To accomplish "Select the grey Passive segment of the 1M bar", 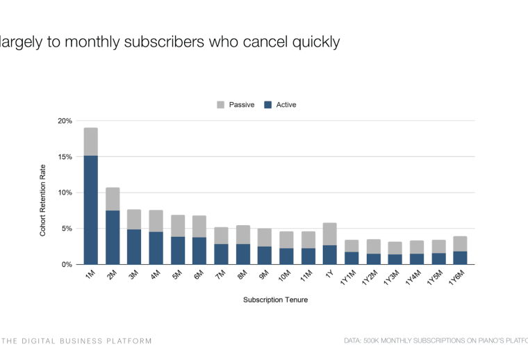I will pos(91,142).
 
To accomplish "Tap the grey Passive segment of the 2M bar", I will pos(113,199).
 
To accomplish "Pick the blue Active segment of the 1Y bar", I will pos(329,254).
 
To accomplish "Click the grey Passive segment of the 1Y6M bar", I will pos(460,244).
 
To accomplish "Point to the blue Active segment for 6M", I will pos(199,251).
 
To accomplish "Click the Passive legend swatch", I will pos(221,105).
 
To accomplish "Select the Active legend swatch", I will pos(267,105).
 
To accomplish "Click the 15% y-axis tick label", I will pos(65,157).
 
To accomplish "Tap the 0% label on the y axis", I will pos(67,265).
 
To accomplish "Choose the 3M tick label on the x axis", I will pos(133,276).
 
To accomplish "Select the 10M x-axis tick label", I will pos(285,277).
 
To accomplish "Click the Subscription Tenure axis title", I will pos(275,300).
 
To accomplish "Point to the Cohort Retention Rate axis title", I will pos(43,200).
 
